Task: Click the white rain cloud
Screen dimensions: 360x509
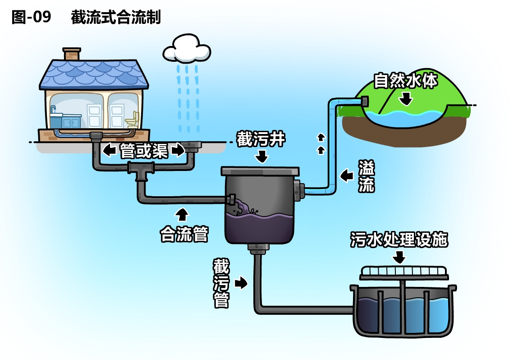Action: [187, 50]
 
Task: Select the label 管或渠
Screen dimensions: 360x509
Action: [144, 151]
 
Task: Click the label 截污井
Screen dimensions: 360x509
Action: [261, 140]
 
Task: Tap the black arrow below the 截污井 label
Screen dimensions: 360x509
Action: [261, 157]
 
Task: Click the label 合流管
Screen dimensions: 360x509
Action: [184, 234]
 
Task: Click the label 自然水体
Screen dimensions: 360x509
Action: [406, 81]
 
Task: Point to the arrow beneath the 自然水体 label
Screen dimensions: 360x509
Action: [406, 98]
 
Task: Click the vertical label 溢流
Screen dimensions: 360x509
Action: [366, 176]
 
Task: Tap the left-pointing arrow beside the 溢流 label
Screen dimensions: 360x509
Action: [346, 175]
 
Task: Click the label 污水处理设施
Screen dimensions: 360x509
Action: [399, 240]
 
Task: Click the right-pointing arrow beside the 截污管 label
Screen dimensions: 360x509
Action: [241, 283]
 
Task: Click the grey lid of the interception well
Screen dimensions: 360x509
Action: [260, 171]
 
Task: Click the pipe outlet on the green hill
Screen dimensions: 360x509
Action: [363, 102]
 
